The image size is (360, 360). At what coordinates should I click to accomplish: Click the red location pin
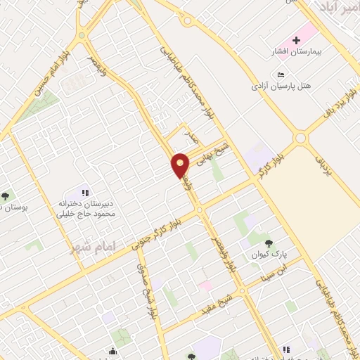pyautogui.click(x=181, y=165)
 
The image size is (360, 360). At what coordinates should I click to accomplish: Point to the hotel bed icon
pyautogui.click(x=281, y=75)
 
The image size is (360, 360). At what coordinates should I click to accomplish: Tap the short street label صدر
pyautogui.click(x=188, y=134)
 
